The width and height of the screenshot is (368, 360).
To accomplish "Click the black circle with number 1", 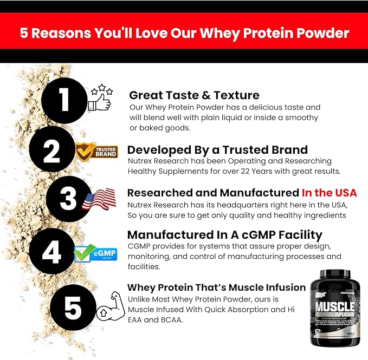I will [64, 100].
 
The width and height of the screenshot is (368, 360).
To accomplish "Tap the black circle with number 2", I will [51, 152].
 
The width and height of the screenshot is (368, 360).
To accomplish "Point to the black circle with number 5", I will [73, 306].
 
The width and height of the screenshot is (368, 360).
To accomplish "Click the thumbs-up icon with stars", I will [100, 98].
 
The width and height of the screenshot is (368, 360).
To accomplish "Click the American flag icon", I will [99, 200].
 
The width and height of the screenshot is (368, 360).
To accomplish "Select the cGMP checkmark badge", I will [95, 253].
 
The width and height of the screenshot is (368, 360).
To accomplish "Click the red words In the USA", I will [329, 193].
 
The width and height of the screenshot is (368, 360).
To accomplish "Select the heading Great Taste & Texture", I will [194, 95].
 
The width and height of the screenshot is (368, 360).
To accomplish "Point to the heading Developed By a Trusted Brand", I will [217, 149].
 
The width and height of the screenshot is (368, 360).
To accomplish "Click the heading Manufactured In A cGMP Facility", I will [224, 234].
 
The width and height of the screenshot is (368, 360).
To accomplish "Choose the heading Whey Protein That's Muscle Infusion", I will [216, 287].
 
